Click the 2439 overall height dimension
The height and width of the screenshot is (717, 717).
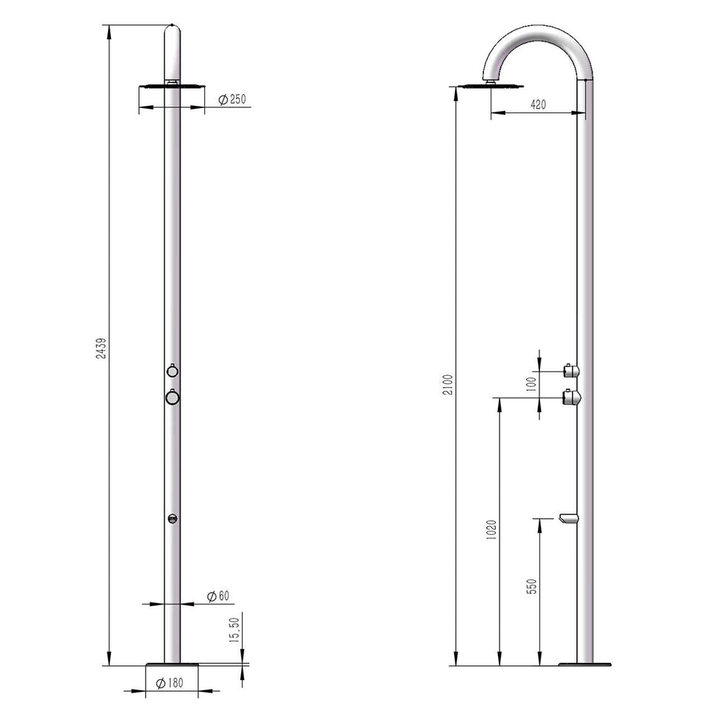101,349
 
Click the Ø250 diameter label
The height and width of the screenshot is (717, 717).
232,99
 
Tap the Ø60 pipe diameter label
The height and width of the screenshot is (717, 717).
218,596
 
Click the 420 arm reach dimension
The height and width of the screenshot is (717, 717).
538,105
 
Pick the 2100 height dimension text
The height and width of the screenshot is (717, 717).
448,385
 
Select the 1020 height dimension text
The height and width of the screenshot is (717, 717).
492,530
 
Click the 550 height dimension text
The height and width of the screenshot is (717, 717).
531,586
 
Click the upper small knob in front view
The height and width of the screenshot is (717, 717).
172,371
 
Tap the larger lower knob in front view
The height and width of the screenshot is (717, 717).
172,397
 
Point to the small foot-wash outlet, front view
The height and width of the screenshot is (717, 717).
172,519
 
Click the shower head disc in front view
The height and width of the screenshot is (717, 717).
172,87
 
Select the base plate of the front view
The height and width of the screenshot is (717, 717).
172,664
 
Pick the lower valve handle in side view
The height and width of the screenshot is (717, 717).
570,398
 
